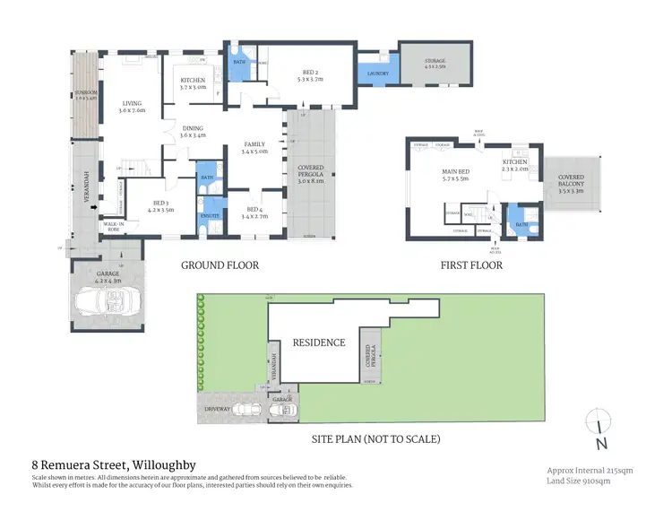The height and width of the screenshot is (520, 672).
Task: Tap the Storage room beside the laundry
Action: [435, 62]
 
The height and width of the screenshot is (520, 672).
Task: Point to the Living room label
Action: [132, 107]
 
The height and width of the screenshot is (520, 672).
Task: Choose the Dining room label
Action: [193, 132]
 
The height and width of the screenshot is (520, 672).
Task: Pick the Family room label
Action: [254, 148]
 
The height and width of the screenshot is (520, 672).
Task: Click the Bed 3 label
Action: [161, 205]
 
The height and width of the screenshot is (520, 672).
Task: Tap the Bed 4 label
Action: [254, 212]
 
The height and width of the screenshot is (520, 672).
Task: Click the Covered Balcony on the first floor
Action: [571, 185]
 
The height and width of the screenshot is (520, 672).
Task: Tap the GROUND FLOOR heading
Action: [220, 265]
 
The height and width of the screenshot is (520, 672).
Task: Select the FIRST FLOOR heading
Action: [472, 265]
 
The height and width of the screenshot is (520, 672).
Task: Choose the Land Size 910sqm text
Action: [579, 481]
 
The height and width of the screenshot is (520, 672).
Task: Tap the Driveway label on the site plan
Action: [218, 409]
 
